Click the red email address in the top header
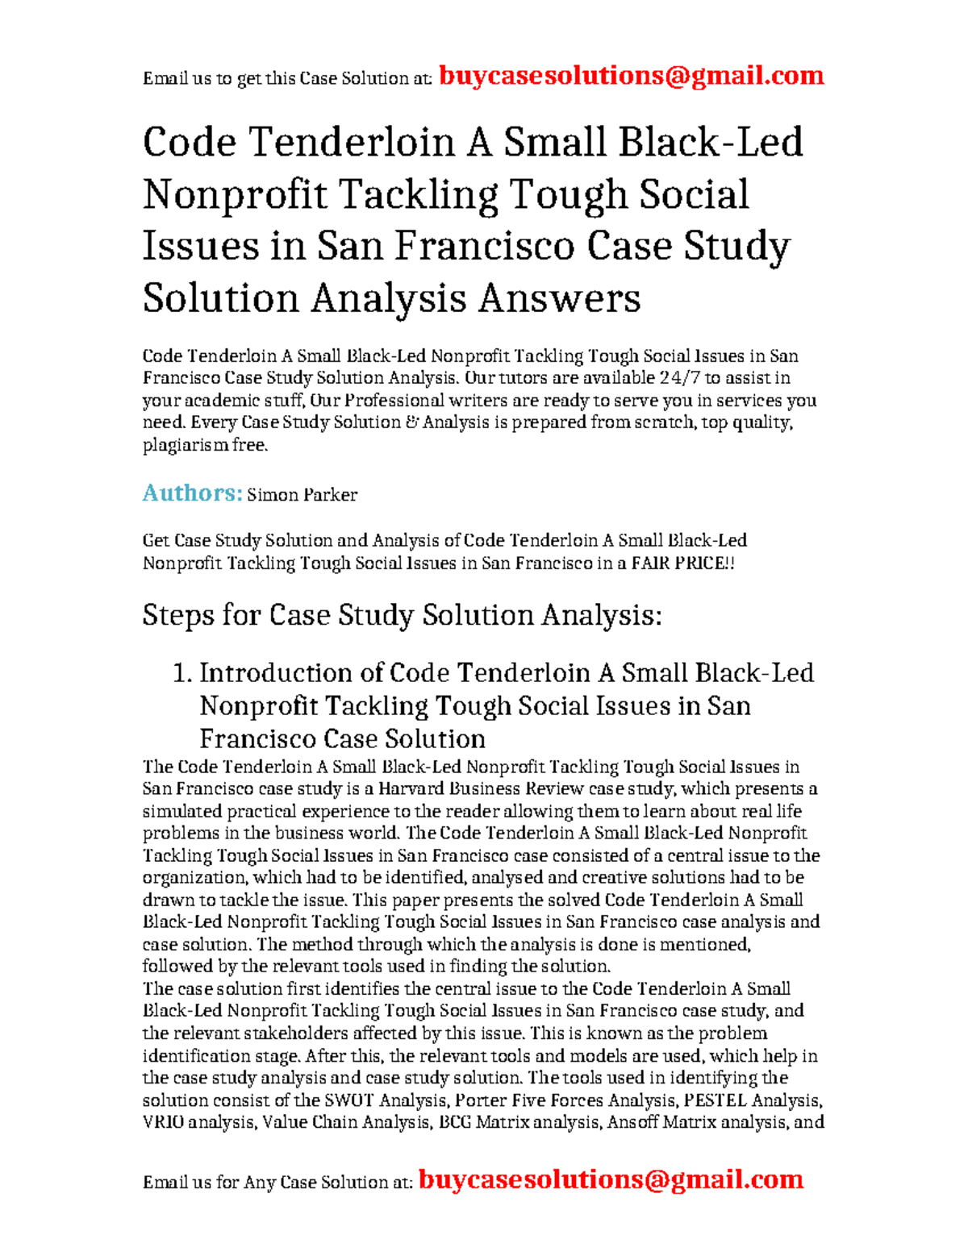click(x=631, y=76)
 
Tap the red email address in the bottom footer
click(x=611, y=1179)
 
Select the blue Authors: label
click(x=192, y=493)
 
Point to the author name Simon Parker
click(x=302, y=495)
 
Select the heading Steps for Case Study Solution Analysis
click(x=402, y=615)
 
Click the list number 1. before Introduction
click(x=183, y=673)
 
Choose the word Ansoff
click(x=632, y=1122)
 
